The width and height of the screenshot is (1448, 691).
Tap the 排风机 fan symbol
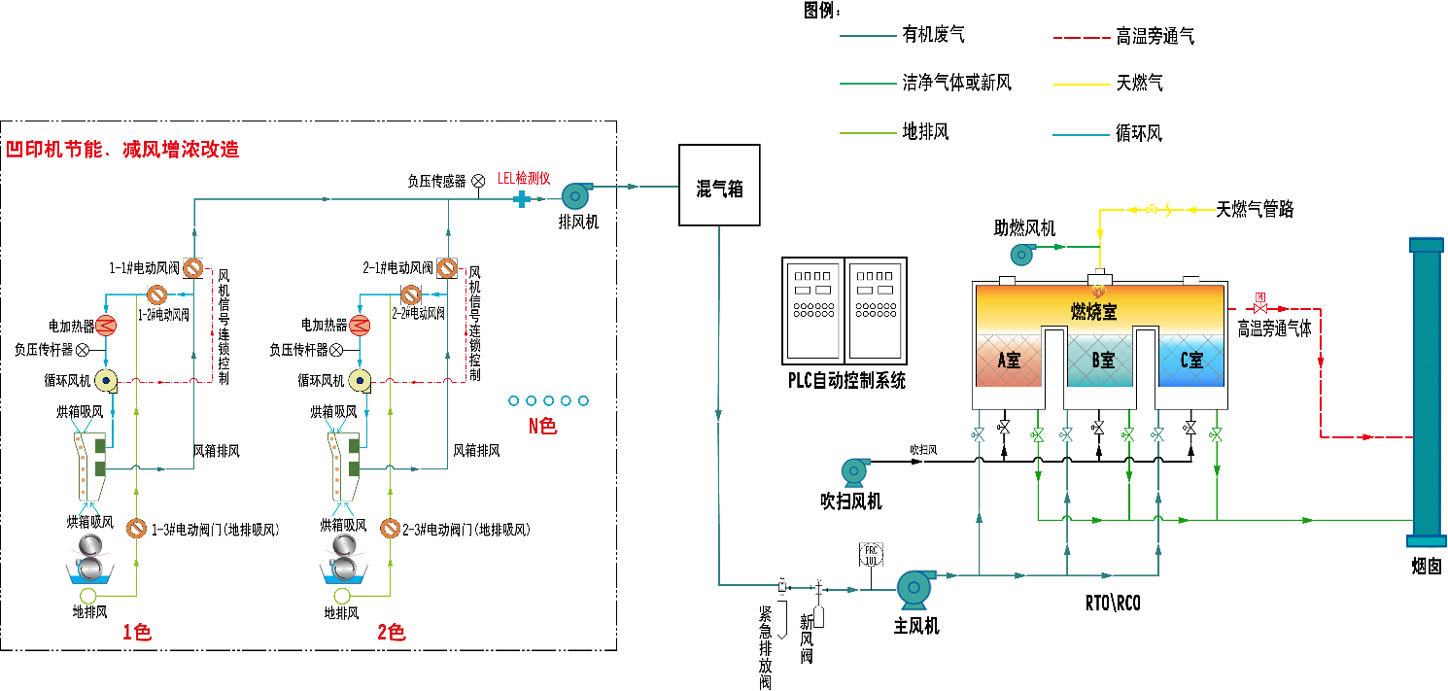pos(574,194)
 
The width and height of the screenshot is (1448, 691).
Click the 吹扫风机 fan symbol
pos(855,470)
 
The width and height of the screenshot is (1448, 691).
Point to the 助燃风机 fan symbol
pos(1021,255)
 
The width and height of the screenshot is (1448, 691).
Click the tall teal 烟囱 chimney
pos(1426,389)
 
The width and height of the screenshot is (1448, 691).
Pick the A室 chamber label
pos(1009,361)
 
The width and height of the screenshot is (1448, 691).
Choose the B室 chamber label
pos(1102,361)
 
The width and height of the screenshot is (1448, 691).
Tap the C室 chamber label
pos(1191,361)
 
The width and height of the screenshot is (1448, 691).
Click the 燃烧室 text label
pos(1093,311)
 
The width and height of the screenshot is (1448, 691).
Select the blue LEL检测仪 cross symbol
pos(522,199)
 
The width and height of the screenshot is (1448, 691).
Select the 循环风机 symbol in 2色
pos(361,381)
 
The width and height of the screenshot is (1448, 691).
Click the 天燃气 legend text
pos(1139,84)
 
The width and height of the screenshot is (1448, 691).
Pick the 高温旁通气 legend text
pos(1155,37)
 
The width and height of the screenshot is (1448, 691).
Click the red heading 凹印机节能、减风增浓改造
pos(122,150)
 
